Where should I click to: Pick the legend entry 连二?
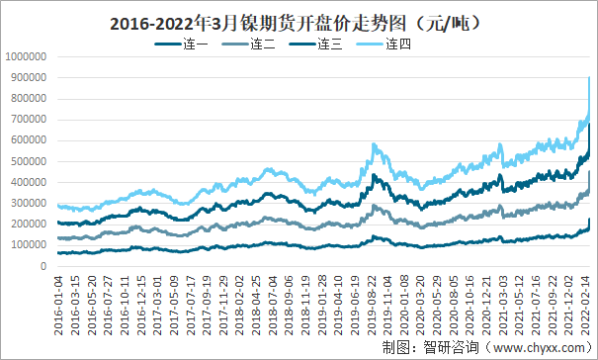262,44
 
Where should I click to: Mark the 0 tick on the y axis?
43,266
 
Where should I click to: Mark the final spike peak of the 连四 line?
590,77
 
